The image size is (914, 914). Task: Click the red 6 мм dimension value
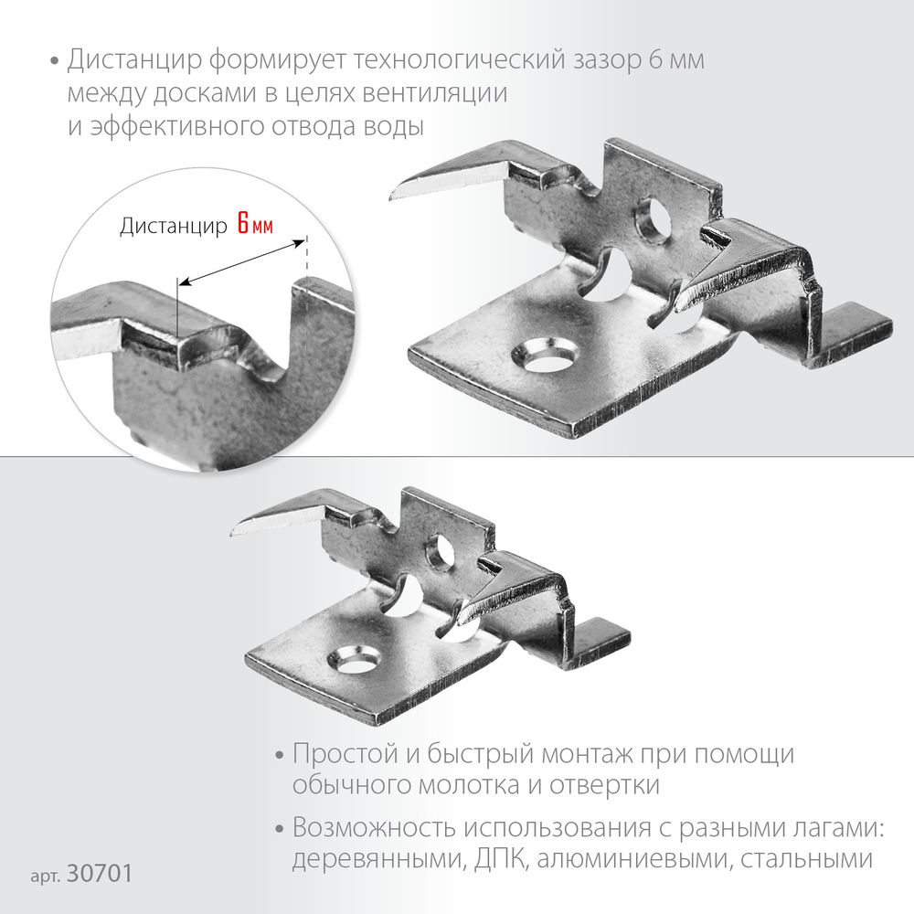(x=255, y=225)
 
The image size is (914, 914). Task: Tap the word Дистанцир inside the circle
(x=174, y=226)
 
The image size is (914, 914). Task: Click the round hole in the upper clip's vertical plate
(x=654, y=221)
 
